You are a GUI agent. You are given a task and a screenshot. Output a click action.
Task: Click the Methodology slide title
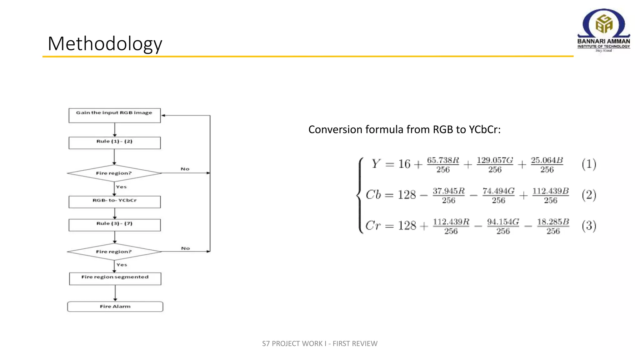pyautogui.click(x=105, y=43)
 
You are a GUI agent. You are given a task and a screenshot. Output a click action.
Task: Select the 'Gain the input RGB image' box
pyautogui.click(x=114, y=115)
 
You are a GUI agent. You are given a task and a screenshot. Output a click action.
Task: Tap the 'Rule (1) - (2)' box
pyautogui.click(x=114, y=142)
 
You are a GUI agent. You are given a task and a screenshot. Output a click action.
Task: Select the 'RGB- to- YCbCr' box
pyautogui.click(x=114, y=202)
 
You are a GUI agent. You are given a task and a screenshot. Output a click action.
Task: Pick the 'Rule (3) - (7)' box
pyautogui.click(x=114, y=225)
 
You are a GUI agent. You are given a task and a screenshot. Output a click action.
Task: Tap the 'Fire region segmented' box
pyautogui.click(x=115, y=278)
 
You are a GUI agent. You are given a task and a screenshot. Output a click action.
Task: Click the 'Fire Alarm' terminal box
pyautogui.click(x=115, y=307)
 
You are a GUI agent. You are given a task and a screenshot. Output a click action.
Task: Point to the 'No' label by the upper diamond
pyautogui.click(x=185, y=169)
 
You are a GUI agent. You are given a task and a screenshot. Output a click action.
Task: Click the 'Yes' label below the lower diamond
pyautogui.click(x=122, y=265)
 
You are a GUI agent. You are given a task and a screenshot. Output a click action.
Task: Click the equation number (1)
pyautogui.click(x=589, y=164)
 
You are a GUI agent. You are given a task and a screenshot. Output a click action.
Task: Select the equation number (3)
pyautogui.click(x=589, y=226)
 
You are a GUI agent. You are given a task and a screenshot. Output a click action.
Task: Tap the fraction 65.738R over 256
pyautogui.click(x=443, y=165)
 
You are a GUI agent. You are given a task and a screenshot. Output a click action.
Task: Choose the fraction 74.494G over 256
pyautogui.click(x=498, y=195)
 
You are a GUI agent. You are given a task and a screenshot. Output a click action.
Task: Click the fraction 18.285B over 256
pyautogui.click(x=553, y=226)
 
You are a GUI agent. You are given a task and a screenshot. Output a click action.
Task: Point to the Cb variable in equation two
pyautogui.click(x=373, y=195)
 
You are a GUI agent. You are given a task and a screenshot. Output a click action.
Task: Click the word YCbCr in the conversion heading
pyautogui.click(x=484, y=129)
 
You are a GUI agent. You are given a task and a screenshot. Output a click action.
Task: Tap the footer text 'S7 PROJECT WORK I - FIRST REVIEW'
pyautogui.click(x=320, y=343)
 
